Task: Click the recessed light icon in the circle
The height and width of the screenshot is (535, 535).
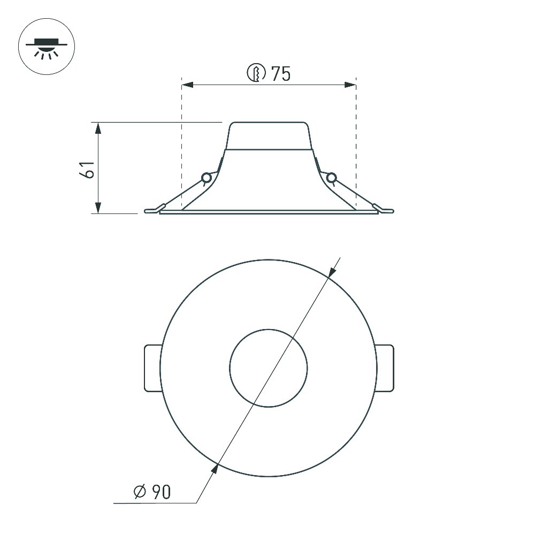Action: [x=47, y=47]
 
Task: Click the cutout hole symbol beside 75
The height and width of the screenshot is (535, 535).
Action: [x=256, y=73]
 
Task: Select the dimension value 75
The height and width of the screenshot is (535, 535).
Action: [x=281, y=73]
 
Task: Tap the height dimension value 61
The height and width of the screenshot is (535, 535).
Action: [x=87, y=169]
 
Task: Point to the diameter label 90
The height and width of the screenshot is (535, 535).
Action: [x=161, y=492]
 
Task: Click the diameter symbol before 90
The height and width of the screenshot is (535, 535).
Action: [x=140, y=492]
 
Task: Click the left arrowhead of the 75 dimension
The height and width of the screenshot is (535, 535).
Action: [x=187, y=85]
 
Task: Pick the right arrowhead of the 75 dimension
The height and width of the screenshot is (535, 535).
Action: [x=350, y=85]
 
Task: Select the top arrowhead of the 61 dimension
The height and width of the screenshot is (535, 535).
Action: [x=98, y=128]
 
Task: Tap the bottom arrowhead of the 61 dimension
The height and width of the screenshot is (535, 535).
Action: [x=98, y=208]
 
